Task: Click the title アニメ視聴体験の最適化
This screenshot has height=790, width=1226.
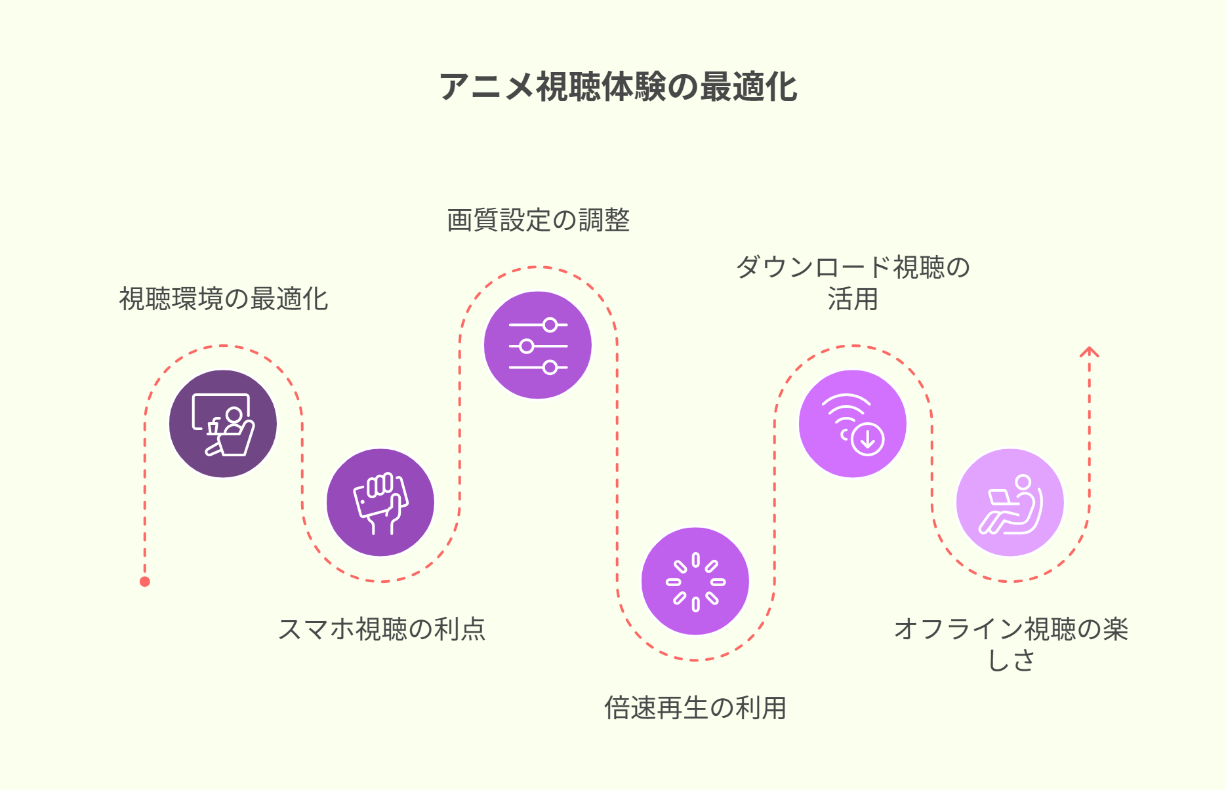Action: tap(618, 87)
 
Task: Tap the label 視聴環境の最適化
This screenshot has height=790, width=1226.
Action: tap(224, 299)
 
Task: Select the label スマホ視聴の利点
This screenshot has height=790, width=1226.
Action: tap(381, 629)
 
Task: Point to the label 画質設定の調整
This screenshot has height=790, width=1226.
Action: tap(539, 220)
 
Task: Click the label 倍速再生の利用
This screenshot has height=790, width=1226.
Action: tap(695, 708)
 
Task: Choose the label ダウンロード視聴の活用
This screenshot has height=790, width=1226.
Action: tap(853, 283)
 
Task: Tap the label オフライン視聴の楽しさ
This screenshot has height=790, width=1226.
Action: tap(1011, 644)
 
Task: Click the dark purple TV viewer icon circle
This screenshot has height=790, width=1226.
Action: tap(223, 424)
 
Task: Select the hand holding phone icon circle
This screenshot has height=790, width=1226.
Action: tap(380, 502)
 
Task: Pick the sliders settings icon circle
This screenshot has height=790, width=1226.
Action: tap(538, 345)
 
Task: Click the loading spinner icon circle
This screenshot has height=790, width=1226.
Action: tap(695, 581)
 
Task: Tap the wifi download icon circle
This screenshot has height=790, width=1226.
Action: tap(853, 424)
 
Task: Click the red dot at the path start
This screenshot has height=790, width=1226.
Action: tap(145, 582)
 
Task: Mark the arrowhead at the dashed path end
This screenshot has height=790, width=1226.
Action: tap(1090, 351)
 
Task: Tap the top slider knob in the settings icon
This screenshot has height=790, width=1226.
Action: tap(550, 325)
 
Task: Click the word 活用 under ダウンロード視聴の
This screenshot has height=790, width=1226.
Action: tap(853, 299)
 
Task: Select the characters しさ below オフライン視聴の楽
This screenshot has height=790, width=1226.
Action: tap(1011, 660)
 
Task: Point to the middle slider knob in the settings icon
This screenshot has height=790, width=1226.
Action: tap(526, 346)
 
